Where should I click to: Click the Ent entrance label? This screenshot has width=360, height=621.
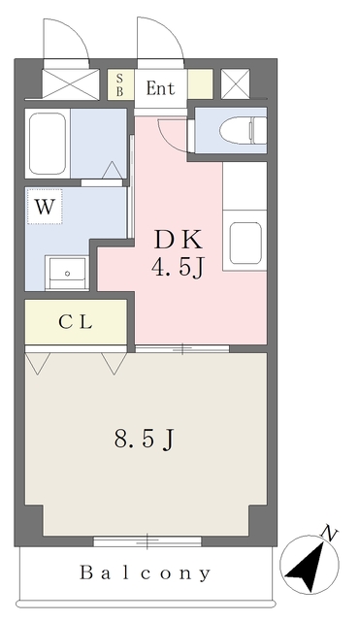pos(160,88)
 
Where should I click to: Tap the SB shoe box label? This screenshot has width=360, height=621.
pos(119,84)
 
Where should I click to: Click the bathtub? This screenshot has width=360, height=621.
pos(48,144)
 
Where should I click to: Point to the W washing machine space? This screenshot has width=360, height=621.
pos(45,207)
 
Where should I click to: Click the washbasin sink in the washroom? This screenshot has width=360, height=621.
pos(67,273)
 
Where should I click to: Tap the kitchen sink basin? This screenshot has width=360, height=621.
pos(245,243)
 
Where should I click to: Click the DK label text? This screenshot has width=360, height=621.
pos(179,241)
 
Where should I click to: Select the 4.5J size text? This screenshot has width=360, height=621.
pos(177,269)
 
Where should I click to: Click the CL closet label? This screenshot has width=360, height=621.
pos(76,322)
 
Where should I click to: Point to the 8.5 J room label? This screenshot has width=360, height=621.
pos(145,440)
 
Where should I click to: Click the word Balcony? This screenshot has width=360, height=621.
pos(145,572)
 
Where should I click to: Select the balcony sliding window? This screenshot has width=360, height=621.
pos(147,541)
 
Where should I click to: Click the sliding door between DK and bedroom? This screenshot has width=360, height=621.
pos(182,349)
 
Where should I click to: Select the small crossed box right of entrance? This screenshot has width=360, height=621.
pos(235,84)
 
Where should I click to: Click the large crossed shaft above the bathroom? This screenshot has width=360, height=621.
pos(71,84)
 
